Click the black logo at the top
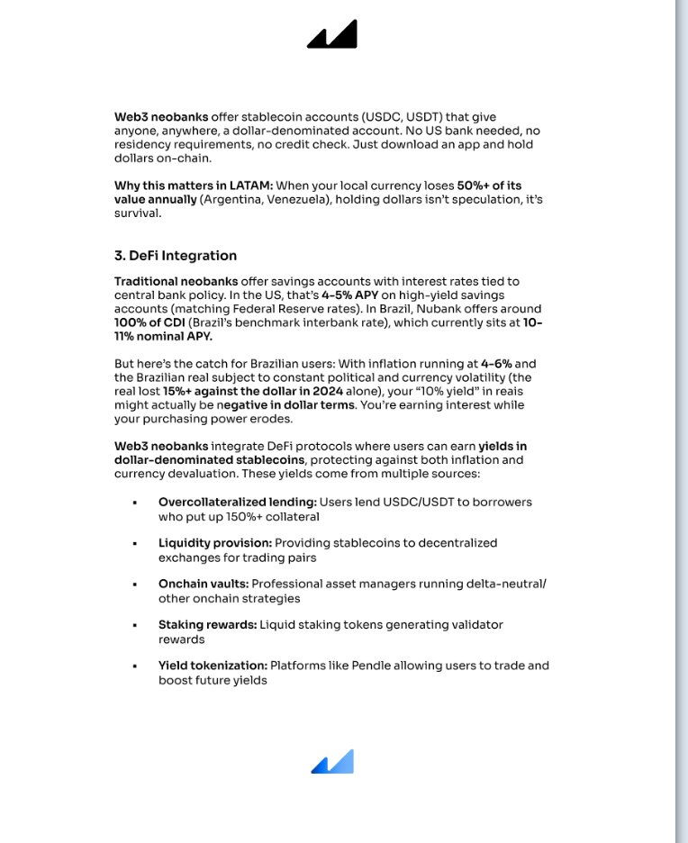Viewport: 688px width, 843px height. pos(332,34)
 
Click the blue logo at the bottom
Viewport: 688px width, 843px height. pos(332,762)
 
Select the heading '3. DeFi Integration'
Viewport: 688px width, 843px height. pos(176,256)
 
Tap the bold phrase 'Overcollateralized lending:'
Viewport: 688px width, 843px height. pos(238,502)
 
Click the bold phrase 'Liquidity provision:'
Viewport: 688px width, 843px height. pos(215,543)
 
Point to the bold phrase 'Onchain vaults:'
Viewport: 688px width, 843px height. pos(204,584)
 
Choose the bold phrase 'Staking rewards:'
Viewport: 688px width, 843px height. pos(208,624)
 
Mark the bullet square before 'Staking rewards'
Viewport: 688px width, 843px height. pos(134,625)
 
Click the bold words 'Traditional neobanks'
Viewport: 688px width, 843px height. pos(164,282)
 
